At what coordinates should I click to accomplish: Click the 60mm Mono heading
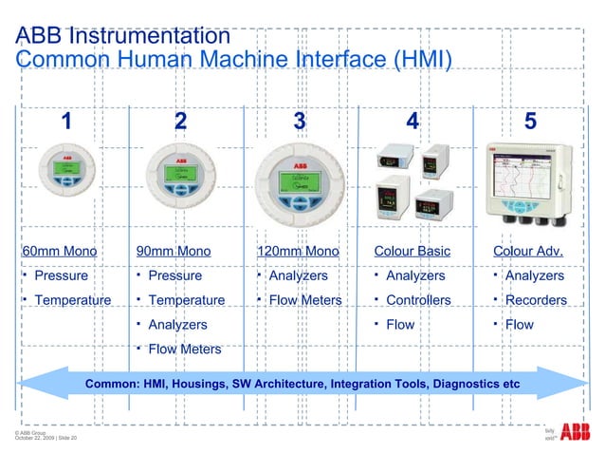(59, 251)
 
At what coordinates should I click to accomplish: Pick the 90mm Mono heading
(174, 251)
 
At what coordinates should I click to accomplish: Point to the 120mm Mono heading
(298, 251)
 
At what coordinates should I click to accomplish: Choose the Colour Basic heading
(412, 251)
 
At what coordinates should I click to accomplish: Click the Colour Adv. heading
(528, 251)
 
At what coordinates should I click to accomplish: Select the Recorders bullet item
(536, 300)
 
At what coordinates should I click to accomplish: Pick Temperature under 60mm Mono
(72, 300)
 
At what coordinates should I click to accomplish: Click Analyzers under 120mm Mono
(299, 275)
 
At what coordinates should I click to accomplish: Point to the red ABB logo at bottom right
(575, 433)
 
